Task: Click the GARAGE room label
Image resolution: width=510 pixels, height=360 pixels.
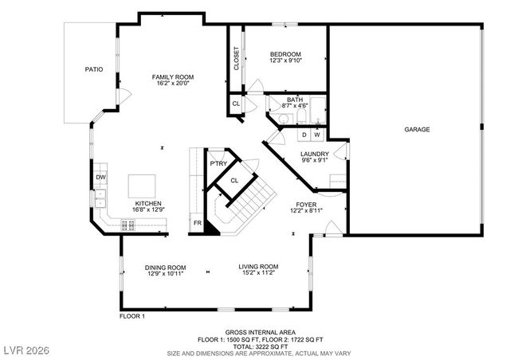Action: [417, 129]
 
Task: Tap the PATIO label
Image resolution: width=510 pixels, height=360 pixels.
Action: [94, 70]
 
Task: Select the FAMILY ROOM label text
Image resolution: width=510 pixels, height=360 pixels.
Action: [173, 77]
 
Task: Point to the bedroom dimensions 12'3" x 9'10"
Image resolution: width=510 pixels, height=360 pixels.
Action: [284, 61]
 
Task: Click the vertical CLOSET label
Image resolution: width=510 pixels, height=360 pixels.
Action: [237, 58]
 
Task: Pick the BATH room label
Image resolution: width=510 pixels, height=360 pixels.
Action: [295, 99]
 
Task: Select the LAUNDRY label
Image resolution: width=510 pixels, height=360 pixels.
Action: [315, 154]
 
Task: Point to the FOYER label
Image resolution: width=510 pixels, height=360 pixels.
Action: [305, 203]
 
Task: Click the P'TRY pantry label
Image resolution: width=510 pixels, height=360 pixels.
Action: [218, 164]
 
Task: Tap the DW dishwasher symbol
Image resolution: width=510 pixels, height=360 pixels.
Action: [101, 177]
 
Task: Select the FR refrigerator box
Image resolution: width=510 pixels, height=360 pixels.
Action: [197, 224]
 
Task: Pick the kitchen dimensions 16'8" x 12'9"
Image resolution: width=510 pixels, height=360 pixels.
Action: [148, 209]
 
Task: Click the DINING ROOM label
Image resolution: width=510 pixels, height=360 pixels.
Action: [165, 267]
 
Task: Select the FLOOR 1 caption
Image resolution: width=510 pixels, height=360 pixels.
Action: [132, 316]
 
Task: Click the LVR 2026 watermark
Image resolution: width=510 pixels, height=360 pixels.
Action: [26, 350]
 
